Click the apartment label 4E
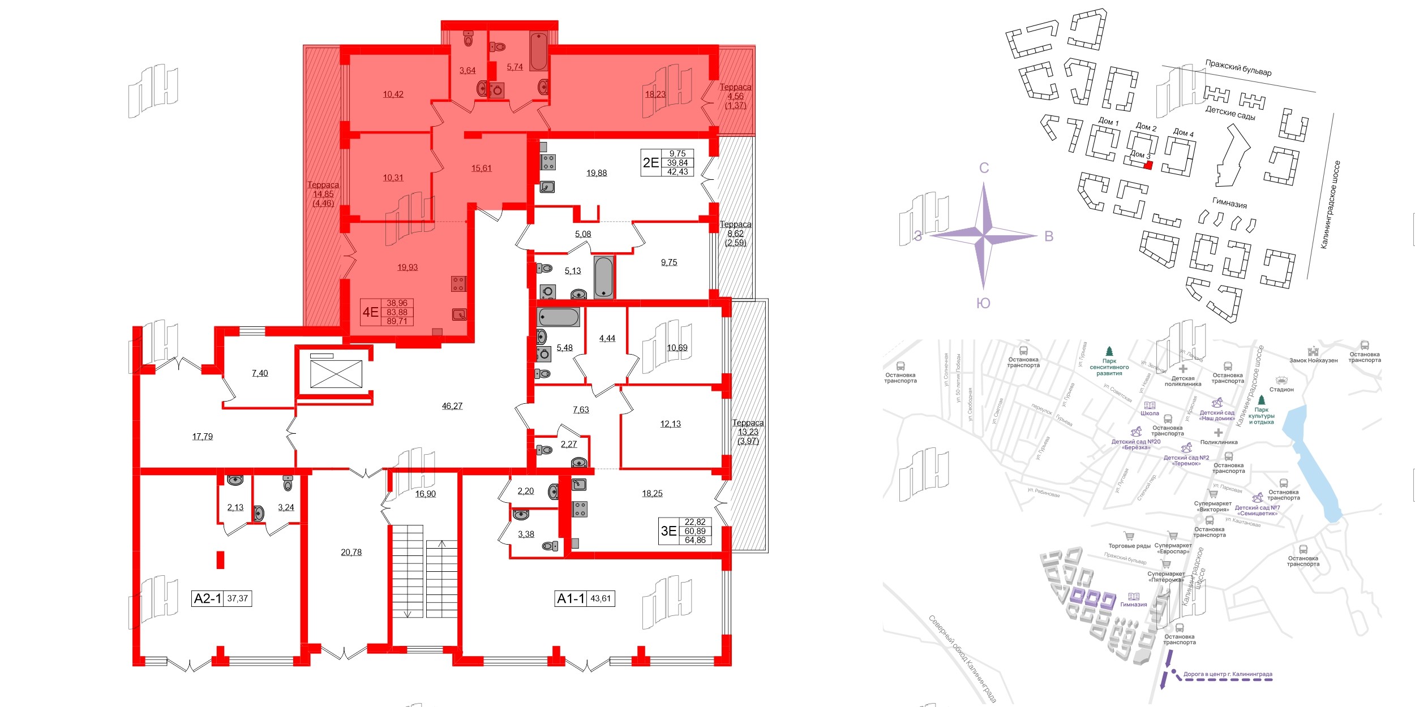pyautogui.click(x=370, y=312)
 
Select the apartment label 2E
pyautogui.click(x=651, y=162)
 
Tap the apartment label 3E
pyautogui.click(x=668, y=531)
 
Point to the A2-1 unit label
pyautogui.click(x=207, y=598)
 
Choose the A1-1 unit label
pyautogui.click(x=571, y=598)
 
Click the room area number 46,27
pyautogui.click(x=452, y=406)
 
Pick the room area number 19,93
pyautogui.click(x=408, y=267)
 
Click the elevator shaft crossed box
pyautogui.click(x=336, y=374)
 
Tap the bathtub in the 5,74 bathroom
pyautogui.click(x=538, y=51)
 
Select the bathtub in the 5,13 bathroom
pyautogui.click(x=603, y=277)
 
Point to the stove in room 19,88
pyautogui.click(x=548, y=162)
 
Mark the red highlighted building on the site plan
pyautogui.click(x=1148, y=165)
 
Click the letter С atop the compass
pyautogui.click(x=984, y=168)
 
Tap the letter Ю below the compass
pyautogui.click(x=983, y=303)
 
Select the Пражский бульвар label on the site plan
pyautogui.click(x=1238, y=68)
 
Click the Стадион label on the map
pyautogui.click(x=1281, y=389)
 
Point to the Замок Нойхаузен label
pyautogui.click(x=1313, y=360)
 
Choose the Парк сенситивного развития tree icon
pyautogui.click(x=1109, y=351)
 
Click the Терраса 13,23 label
pyautogui.click(x=748, y=432)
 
